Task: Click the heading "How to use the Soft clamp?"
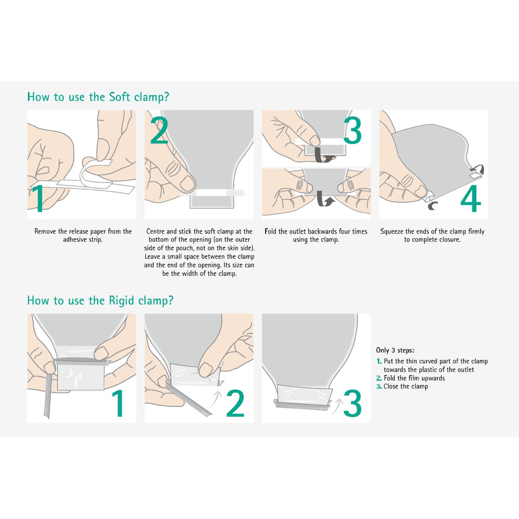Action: pos(98,97)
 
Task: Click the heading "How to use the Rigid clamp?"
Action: pos(100,301)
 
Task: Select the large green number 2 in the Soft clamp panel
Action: pos(159,130)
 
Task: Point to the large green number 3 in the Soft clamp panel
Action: pos(353,130)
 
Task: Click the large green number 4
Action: pos(471,198)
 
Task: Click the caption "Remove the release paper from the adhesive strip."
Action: pos(83,235)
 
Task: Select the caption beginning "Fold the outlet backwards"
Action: pos(316,235)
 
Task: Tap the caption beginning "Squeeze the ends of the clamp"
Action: pos(432,235)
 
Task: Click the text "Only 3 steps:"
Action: pos(395,350)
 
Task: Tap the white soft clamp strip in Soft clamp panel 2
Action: pos(211,193)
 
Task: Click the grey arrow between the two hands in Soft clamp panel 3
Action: pos(324,199)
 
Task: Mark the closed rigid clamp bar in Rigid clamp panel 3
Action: pos(302,403)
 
